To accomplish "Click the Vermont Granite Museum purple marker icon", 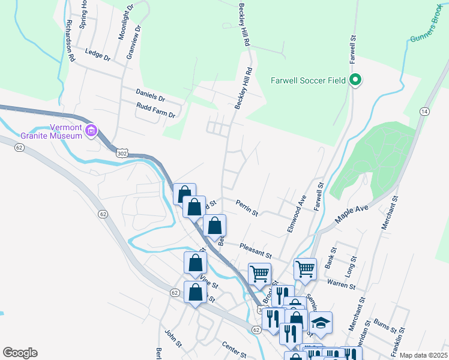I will (91, 130).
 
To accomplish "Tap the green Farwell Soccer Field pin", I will (355, 79).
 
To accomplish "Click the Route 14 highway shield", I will (424, 112).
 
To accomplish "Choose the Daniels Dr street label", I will (150, 97).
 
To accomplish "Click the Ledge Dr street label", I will (98, 55).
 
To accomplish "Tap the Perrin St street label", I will (247, 208).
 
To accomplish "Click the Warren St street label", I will (342, 283).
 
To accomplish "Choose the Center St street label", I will (234, 349).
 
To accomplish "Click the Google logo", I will (20, 353).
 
